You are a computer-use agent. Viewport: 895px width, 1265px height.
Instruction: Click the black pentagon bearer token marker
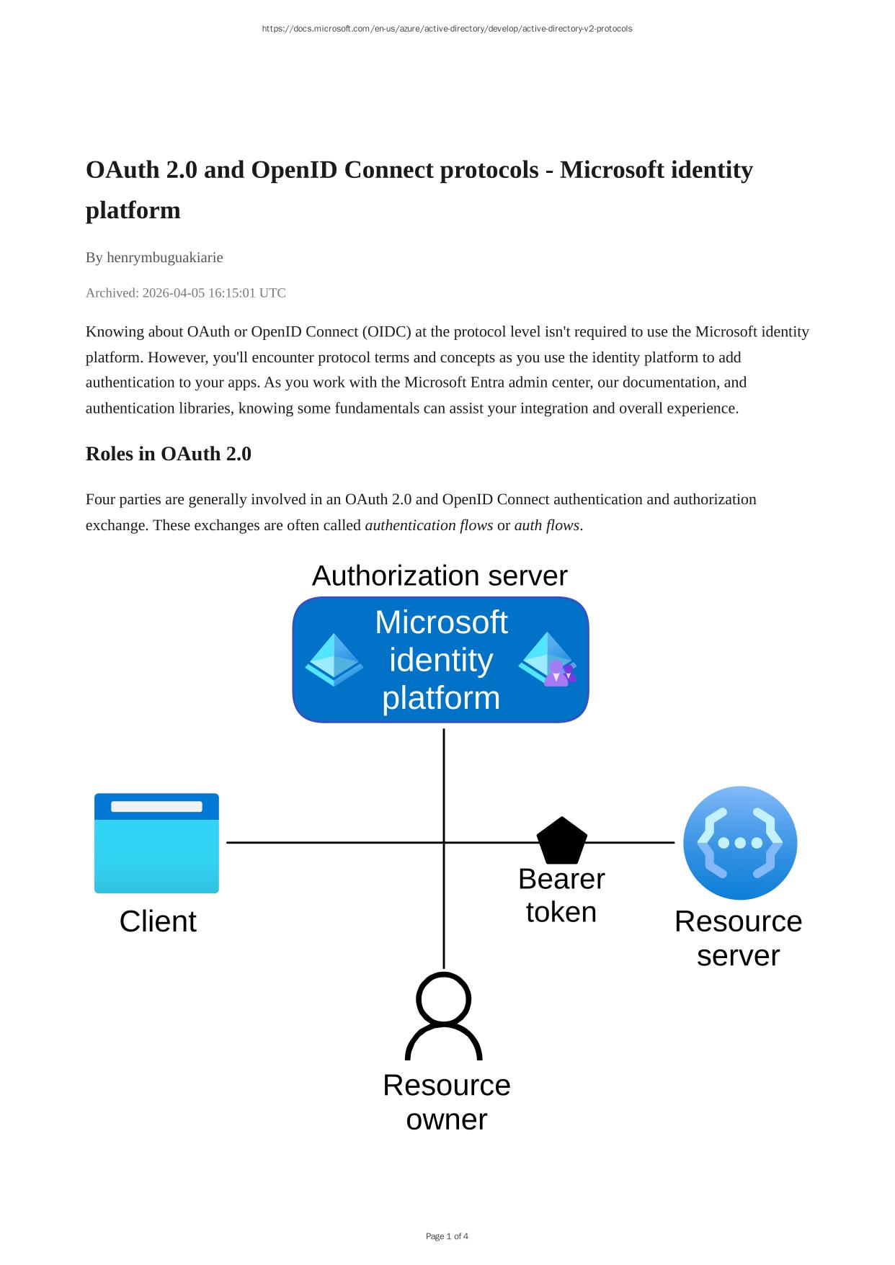coord(562,841)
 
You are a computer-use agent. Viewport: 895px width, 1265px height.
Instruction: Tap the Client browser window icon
coord(156,843)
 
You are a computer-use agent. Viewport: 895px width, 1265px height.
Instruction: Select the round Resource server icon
coord(740,843)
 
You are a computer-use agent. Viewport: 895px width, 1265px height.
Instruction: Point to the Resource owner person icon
coord(444,1016)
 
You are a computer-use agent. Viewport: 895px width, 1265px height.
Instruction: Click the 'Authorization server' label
coord(440,576)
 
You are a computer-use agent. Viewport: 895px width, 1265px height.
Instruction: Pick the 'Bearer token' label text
coord(561,895)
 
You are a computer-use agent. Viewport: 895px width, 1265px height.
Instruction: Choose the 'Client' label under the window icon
coord(158,921)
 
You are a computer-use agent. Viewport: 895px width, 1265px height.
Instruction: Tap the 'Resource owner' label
coord(447,1102)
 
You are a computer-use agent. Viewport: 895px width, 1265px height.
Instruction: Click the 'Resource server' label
coord(739,939)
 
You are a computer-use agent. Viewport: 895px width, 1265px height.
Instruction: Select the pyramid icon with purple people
coord(548,660)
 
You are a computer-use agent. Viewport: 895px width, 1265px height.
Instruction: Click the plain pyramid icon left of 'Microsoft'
coord(334,660)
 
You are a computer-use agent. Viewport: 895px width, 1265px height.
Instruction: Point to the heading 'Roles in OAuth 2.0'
coord(169,454)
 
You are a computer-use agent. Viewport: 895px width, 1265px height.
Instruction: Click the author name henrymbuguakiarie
coord(165,257)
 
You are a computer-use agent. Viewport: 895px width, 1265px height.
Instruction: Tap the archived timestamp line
coord(186,292)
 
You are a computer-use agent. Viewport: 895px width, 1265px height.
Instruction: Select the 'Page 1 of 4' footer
coord(447,1236)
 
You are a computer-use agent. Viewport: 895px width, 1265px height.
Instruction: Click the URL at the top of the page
coord(447,29)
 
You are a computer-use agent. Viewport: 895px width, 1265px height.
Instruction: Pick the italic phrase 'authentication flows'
coord(429,525)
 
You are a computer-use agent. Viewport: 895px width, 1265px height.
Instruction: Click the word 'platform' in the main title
coord(133,210)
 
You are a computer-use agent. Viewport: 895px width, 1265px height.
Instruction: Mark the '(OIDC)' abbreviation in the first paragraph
coord(387,331)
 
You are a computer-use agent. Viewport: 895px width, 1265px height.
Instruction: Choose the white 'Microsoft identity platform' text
coord(441,660)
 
